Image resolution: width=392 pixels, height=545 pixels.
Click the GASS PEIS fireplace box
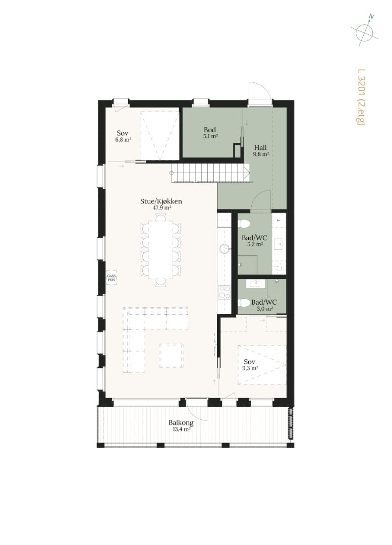tap(111, 278)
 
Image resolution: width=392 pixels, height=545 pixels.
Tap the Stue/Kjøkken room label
tap(161, 201)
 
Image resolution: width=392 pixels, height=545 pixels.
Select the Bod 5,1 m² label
tap(210, 133)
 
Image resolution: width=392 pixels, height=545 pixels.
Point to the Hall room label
tap(260, 147)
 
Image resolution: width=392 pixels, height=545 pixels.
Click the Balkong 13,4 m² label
tap(181, 425)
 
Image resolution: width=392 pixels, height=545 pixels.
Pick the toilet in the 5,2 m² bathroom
tap(245, 223)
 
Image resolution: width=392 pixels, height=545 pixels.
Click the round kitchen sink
tap(225, 248)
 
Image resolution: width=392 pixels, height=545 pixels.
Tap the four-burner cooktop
tap(224, 292)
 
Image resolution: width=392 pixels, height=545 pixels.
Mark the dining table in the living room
tap(160, 250)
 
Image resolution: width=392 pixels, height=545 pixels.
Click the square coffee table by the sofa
tap(172, 356)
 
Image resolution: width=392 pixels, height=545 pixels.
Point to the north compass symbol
tap(364, 31)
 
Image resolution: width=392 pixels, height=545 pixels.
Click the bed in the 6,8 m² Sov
tap(160, 136)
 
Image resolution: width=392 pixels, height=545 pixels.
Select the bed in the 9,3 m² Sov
tap(262, 365)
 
